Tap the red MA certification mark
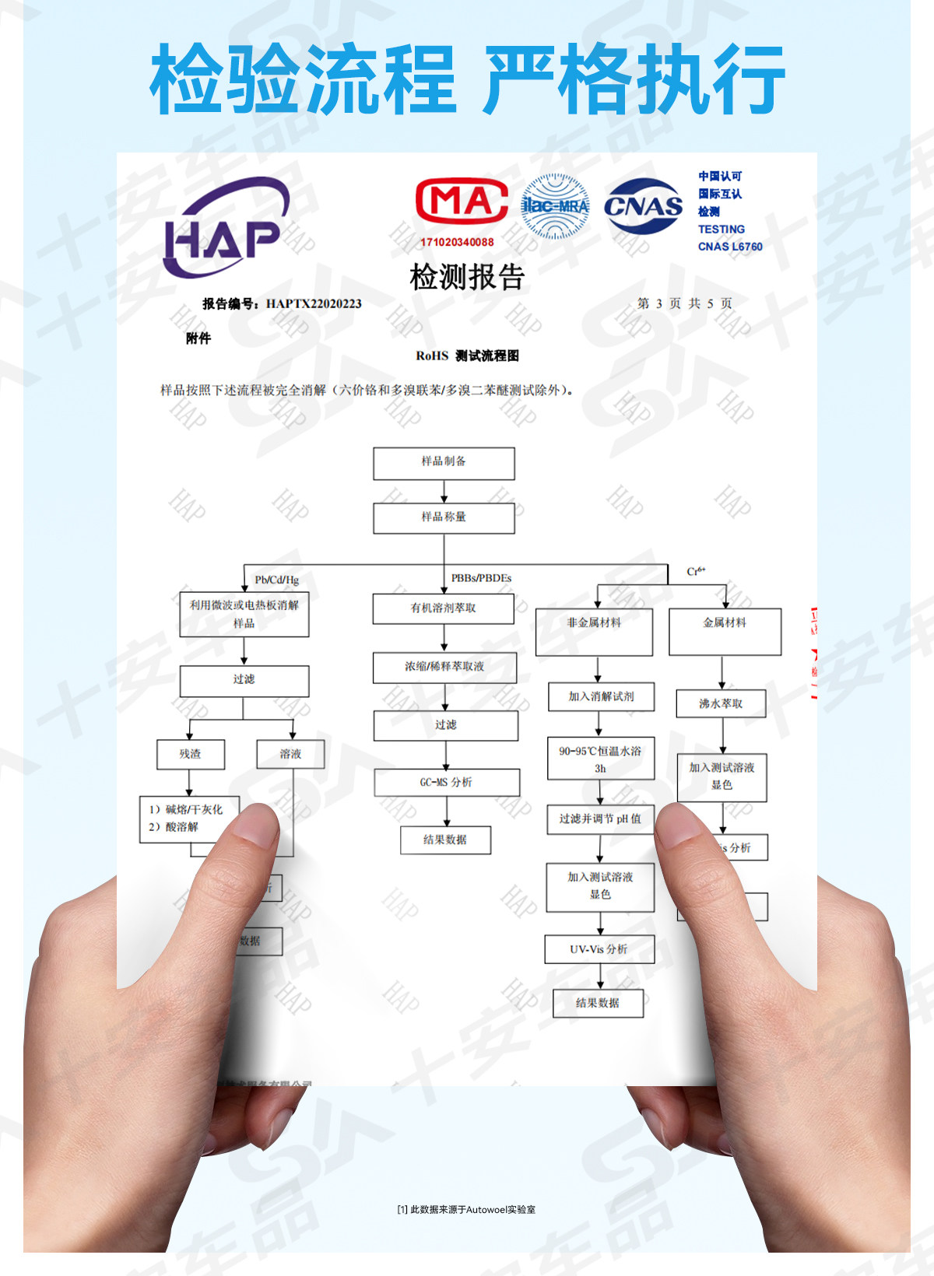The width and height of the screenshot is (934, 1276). click(x=462, y=202)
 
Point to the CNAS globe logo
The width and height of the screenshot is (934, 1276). click(x=644, y=205)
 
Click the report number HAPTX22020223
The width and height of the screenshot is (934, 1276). click(x=314, y=303)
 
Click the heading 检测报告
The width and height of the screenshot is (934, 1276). click(x=467, y=277)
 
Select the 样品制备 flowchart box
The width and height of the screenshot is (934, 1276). click(x=444, y=463)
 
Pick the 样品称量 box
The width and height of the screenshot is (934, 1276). click(x=444, y=518)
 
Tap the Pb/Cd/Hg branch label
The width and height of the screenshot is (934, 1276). click(x=276, y=580)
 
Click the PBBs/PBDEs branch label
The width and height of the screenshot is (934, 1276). click(x=481, y=578)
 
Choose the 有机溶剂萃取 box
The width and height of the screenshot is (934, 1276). click(x=444, y=608)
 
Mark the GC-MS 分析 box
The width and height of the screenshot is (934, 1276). click(x=447, y=783)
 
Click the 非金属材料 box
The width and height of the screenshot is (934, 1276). click(x=594, y=631)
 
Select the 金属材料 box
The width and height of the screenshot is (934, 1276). click(x=725, y=631)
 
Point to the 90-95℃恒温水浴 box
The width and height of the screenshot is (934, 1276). click(x=600, y=759)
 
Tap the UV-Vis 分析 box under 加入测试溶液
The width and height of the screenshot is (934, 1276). click(x=599, y=949)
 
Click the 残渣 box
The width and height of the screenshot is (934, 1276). click(x=191, y=754)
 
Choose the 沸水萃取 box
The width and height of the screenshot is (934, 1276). click(x=722, y=703)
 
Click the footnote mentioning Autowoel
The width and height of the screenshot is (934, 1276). click(x=466, y=1209)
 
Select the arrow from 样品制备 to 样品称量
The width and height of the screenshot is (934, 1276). click(x=444, y=492)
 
